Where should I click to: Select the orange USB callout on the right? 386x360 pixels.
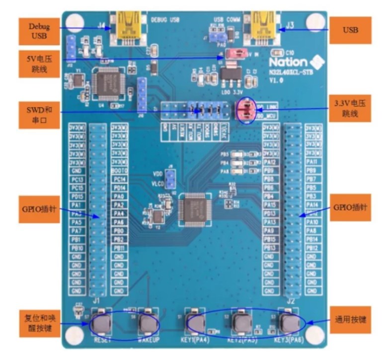(x=350, y=29)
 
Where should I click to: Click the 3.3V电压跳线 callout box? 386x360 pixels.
(x=350, y=108)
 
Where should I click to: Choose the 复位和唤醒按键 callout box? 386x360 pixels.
(x=39, y=323)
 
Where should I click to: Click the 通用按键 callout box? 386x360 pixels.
(x=350, y=320)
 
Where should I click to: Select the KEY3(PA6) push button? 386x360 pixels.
(x=288, y=323)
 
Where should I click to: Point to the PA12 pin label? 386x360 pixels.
(x=270, y=162)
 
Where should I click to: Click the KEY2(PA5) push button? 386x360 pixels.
(x=241, y=323)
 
